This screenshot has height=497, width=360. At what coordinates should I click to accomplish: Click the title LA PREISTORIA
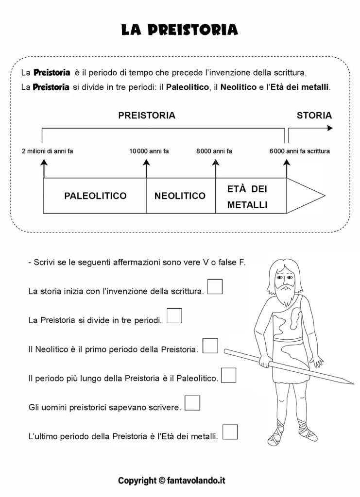pos(180,30)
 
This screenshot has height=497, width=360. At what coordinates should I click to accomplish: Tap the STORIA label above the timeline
pos(314,116)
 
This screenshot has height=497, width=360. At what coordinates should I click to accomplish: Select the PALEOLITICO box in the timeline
pos(95,196)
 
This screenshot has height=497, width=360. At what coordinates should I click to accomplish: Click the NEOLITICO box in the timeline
pos(181,196)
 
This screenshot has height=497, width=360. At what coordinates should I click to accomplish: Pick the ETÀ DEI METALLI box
pos(251,196)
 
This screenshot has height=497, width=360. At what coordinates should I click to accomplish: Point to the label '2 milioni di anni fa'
pos(47,151)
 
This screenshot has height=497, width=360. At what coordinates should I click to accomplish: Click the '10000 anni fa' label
pos(149,151)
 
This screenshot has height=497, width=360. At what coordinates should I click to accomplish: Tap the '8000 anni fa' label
pos(214,151)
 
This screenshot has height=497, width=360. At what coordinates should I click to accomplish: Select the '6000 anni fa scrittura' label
pos(299,151)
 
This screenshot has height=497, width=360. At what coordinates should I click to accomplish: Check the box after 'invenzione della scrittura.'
pos(215,286)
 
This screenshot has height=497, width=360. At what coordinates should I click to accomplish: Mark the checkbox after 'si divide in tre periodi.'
pos(174,315)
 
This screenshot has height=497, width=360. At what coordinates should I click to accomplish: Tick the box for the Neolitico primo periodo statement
pos(210,346)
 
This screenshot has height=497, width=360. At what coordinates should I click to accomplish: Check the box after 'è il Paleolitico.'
pos(228,375)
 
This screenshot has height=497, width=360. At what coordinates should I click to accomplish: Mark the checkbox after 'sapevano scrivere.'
pos(192,403)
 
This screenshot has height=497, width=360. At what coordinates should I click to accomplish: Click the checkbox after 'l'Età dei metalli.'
pos(230,431)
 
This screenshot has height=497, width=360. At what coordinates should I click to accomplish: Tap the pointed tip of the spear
pos(353,383)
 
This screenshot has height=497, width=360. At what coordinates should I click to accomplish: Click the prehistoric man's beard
pos(285,295)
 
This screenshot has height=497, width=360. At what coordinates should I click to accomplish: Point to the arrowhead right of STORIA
pos(330,128)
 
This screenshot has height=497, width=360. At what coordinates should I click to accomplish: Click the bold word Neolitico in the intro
pos(239,87)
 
